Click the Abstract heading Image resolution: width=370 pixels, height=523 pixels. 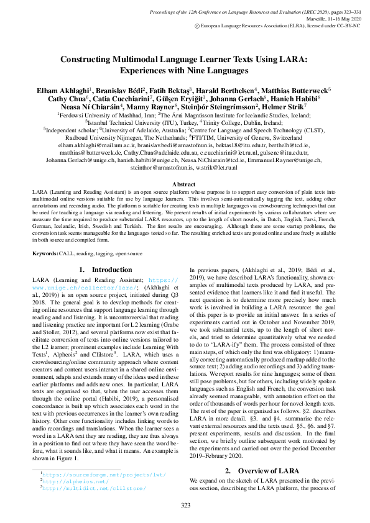click(x=184, y=184)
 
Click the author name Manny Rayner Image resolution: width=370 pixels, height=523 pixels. click(x=153, y=107)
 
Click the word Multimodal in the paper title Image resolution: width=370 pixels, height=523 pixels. click(x=131, y=60)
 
